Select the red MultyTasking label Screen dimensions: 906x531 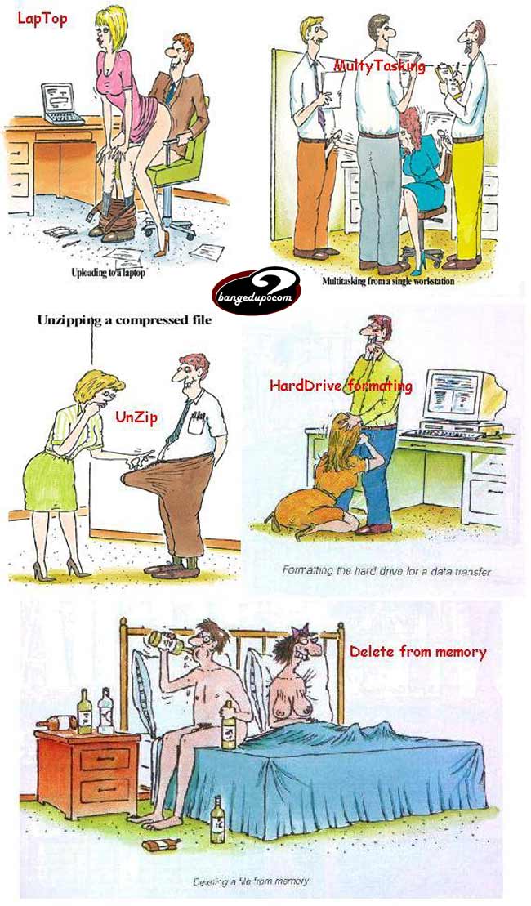(379, 66)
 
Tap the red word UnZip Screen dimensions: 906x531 (136, 417)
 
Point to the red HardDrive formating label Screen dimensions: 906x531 (341, 385)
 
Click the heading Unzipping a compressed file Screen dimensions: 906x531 (123, 320)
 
